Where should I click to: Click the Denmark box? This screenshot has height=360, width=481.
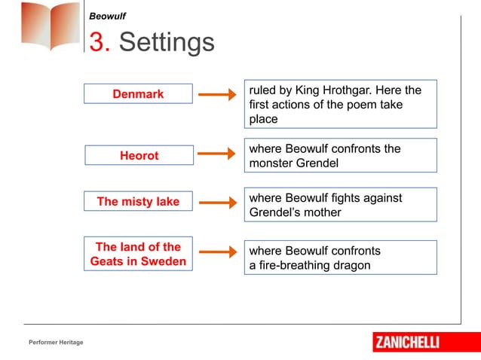pos(138,93)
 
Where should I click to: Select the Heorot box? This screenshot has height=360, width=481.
pos(139,155)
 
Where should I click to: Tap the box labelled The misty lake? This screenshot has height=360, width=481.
pos(138,202)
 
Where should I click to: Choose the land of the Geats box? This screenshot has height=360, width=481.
pos(138,255)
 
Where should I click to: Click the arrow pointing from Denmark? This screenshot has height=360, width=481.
pos(216,95)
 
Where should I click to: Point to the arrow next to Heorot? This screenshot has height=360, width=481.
pos(216,154)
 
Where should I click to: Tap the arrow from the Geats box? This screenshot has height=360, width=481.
pos(216,255)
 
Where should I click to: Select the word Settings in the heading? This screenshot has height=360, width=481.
pos(167,42)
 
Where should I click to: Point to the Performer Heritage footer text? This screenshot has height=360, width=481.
pos(56,343)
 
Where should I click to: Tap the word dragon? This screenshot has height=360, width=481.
pos(352,265)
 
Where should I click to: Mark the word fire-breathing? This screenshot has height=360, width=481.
pos(296,265)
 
